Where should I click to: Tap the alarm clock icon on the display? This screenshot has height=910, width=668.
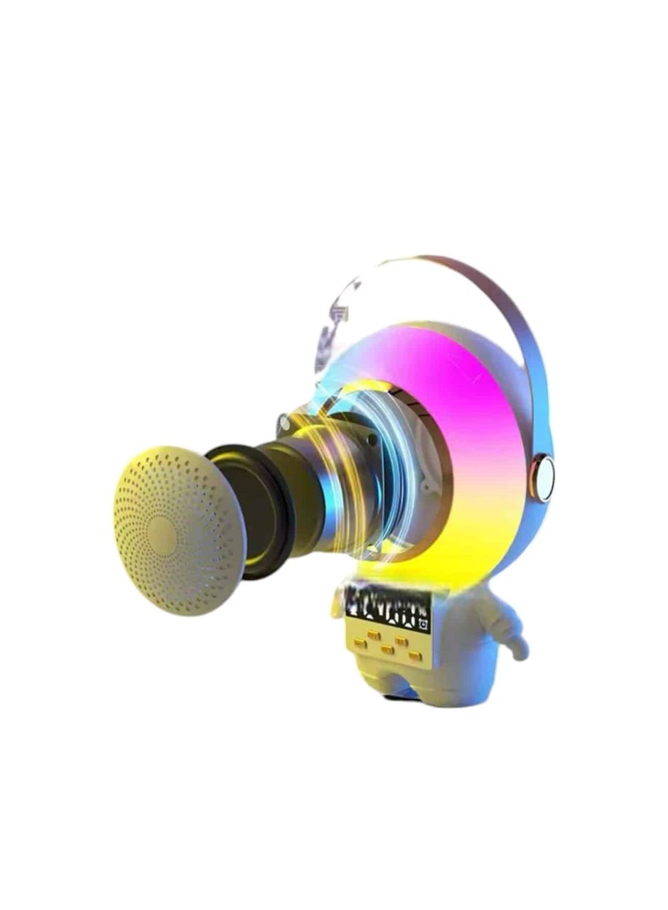pyautogui.click(x=425, y=624)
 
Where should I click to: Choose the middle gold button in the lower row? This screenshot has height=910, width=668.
pyautogui.click(x=387, y=649)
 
